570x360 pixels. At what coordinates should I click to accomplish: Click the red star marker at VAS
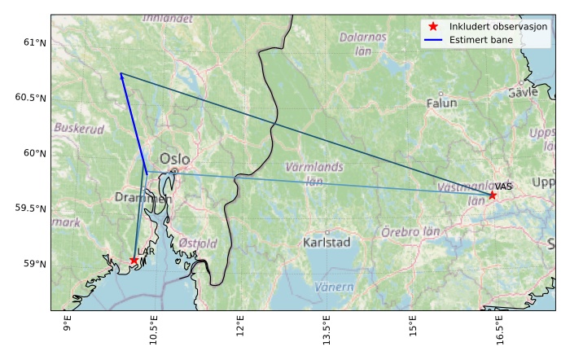[492, 195]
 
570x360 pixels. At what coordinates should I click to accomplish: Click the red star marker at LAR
[134, 261]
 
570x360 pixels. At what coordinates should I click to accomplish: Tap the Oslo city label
[175, 159]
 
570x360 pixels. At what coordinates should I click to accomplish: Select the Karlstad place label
[326, 243]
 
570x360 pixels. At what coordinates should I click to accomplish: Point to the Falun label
[442, 103]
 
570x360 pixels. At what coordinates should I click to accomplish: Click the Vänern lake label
[334, 287]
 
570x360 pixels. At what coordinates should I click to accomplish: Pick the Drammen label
[143, 198]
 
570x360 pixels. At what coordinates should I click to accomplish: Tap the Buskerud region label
[79, 129]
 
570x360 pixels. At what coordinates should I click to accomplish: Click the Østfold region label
[198, 243]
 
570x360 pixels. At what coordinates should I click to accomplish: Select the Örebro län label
[410, 232]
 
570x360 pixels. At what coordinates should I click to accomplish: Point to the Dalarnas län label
[363, 44]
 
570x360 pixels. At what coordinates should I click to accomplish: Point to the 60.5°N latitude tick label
[31, 98]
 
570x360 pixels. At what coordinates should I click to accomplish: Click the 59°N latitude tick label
[34, 264]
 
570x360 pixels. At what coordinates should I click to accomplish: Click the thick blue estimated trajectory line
[133, 122]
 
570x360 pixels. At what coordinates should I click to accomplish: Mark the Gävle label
[523, 93]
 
